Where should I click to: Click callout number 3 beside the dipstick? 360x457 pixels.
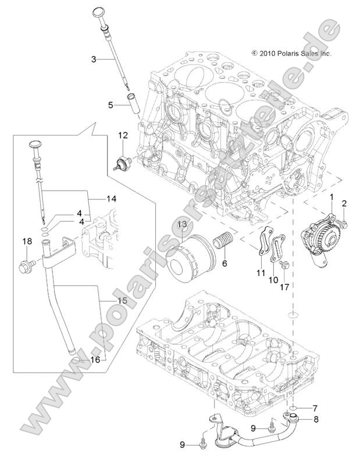pyautogui.click(x=94, y=58)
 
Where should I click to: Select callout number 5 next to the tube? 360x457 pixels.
pyautogui.click(x=110, y=105)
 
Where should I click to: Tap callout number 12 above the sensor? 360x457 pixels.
pyautogui.click(x=123, y=135)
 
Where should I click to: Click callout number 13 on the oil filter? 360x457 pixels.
pyautogui.click(x=182, y=224)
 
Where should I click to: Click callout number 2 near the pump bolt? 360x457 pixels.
pyautogui.click(x=344, y=203)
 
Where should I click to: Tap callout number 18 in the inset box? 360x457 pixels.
pyautogui.click(x=26, y=241)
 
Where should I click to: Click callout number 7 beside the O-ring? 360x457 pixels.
pyautogui.click(x=314, y=408)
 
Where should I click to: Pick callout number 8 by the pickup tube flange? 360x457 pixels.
pyautogui.click(x=316, y=419)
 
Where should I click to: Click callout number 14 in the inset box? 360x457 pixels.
pyautogui.click(x=111, y=198)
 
